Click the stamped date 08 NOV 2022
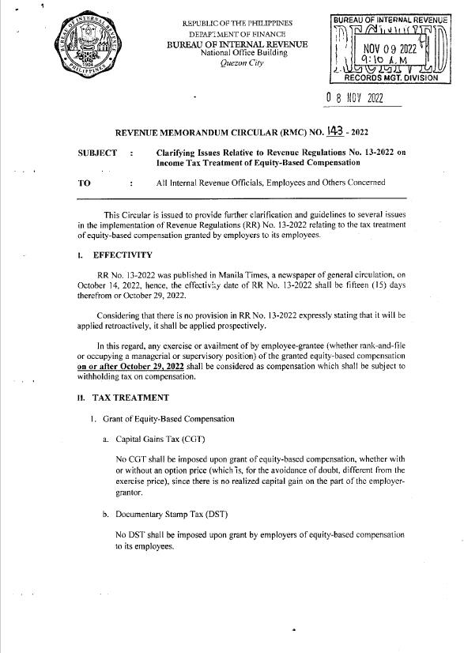click(354, 100)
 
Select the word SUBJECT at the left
click(98, 153)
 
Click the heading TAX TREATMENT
click(131, 397)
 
